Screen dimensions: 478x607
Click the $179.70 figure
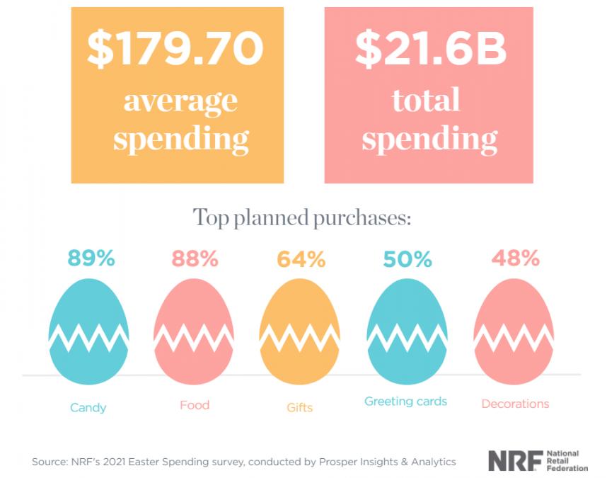point(175,49)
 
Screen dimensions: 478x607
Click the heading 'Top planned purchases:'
point(302,217)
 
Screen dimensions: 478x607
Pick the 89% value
point(91,259)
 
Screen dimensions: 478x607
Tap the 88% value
point(195,259)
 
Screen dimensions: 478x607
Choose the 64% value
point(301,259)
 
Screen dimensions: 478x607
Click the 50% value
point(407,259)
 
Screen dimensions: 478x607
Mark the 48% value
point(515,259)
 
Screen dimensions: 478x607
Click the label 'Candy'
point(88,407)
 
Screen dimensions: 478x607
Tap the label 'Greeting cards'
point(405,402)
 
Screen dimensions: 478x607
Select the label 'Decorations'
point(515,404)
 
